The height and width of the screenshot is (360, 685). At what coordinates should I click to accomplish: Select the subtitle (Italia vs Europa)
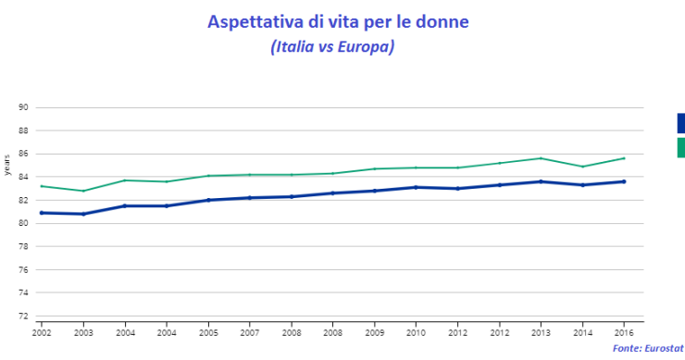click(332, 46)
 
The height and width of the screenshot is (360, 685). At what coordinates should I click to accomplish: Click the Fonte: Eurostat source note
click(648, 347)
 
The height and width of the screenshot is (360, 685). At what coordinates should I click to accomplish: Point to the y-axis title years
click(7, 165)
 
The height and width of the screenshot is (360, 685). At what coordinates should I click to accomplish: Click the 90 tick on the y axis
click(25, 107)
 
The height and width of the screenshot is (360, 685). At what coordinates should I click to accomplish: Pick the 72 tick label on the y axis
click(25, 316)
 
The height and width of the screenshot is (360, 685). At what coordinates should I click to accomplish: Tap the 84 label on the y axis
click(25, 177)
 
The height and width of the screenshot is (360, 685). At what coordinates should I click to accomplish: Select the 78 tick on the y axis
click(25, 246)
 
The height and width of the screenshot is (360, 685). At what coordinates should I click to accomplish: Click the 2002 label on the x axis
click(41, 330)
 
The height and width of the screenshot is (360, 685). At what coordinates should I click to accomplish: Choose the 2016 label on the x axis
click(624, 330)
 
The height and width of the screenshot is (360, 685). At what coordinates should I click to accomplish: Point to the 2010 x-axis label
click(416, 330)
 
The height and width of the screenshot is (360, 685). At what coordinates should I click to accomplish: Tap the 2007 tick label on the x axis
click(249, 330)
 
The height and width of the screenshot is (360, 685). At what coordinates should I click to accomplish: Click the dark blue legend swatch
click(680, 123)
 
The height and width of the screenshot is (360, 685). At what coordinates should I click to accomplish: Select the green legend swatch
click(680, 147)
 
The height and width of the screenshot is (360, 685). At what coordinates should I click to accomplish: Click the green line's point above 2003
click(82, 191)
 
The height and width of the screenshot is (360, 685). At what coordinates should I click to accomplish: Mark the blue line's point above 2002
click(41, 213)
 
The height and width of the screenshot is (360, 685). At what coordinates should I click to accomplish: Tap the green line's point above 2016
click(624, 158)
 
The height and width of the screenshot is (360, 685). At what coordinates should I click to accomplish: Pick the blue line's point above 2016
click(624, 181)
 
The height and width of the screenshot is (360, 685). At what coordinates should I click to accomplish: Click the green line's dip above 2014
click(582, 167)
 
